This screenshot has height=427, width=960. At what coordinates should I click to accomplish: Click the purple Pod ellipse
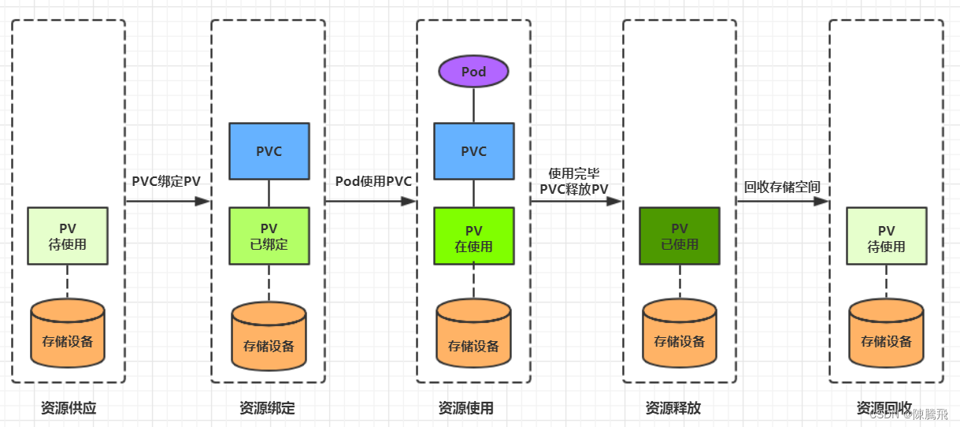pyautogui.click(x=473, y=72)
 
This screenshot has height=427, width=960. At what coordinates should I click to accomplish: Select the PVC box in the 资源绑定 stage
pyautogui.click(x=269, y=151)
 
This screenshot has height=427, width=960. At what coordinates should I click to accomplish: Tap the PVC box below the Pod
pyautogui.click(x=473, y=151)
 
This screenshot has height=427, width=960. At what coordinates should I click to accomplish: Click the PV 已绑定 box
pyautogui.click(x=269, y=236)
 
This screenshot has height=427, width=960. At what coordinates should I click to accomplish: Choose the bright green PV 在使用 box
pyautogui.click(x=473, y=236)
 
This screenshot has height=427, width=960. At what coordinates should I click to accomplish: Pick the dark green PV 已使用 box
pyautogui.click(x=679, y=236)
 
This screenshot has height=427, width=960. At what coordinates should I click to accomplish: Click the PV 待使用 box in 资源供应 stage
pyautogui.click(x=68, y=236)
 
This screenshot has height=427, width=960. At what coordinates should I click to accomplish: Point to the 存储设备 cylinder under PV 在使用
pyautogui.click(x=473, y=337)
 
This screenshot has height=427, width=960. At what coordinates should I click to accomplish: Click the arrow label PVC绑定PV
pyautogui.click(x=166, y=181)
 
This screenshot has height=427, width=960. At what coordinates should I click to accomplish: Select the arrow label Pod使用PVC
pyautogui.click(x=373, y=181)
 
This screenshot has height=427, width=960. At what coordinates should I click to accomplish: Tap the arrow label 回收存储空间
pyautogui.click(x=782, y=187)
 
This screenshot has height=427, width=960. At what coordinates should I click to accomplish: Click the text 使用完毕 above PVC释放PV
pyautogui.click(x=573, y=173)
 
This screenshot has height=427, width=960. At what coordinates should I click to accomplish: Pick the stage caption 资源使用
pyautogui.click(x=465, y=408)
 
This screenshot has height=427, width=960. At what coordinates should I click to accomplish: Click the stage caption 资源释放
pyautogui.click(x=673, y=408)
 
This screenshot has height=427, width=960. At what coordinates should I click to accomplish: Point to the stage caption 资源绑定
pyautogui.click(x=267, y=408)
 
